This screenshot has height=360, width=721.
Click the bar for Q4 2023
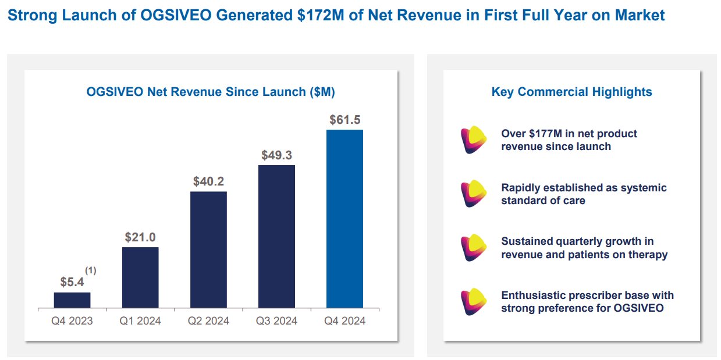coord(72,300)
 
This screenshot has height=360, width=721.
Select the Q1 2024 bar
coord(140,277)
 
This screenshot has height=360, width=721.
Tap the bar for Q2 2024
coord(208,249)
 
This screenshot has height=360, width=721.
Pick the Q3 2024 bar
coord(276,236)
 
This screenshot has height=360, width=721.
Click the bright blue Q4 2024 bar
coord(344,219)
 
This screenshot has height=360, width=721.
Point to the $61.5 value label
coord(344,120)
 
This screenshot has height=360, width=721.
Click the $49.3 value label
coord(276,155)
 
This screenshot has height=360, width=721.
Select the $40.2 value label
coord(208,181)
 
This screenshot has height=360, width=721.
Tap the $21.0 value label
coord(140,237)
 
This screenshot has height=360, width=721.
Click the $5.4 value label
coord(72,282)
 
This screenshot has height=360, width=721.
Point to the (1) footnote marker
coord(91,270)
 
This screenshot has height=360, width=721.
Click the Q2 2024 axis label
coord(208,320)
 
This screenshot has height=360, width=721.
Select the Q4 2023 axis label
coord(72,320)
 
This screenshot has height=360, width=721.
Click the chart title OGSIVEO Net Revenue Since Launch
coord(210,92)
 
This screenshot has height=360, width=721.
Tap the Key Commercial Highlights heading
coord(571,92)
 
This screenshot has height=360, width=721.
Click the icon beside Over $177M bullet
coord(473,140)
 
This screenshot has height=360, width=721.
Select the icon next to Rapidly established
coord(473,194)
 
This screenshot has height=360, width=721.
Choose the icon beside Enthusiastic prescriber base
coord(473,301)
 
